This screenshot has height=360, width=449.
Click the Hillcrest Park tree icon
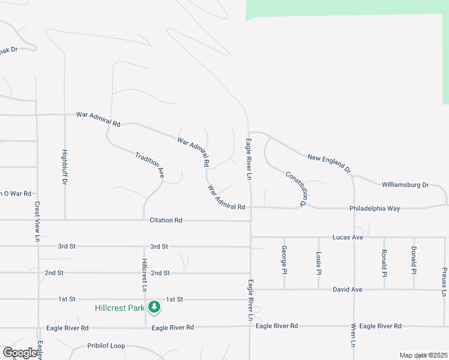coord(155,307)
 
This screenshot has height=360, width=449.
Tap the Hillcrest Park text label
coord(120,308)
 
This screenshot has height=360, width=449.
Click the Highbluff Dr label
coord(64,166)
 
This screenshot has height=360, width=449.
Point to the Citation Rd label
coord(166,220)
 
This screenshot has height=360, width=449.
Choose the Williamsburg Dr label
coord(405,185)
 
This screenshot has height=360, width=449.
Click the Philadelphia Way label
coord(375,208)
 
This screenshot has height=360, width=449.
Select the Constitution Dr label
coord(296,189)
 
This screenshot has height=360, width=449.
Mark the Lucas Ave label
coord(349,237)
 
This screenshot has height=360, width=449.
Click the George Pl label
coord(284,259)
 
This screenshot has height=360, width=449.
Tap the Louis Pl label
coord(319,263)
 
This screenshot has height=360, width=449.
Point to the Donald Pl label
coord(414,260)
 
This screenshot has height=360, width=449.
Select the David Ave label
coord(348,289)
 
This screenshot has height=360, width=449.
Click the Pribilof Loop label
coord(106,346)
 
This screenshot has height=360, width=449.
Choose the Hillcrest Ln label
coord(145,275)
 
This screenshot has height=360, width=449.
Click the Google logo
coord(20,353)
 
